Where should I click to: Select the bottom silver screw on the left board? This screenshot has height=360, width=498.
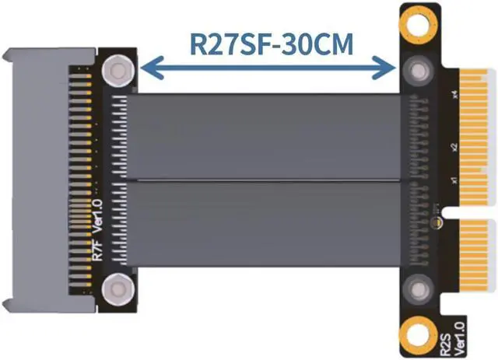tap(117, 289)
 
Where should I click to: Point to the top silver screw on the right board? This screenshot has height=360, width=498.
tap(419, 72)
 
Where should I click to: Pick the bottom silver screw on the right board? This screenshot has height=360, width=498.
tap(419, 290)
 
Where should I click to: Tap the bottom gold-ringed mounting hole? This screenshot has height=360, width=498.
tap(419, 337)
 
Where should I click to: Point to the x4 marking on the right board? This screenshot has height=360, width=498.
tap(454, 96)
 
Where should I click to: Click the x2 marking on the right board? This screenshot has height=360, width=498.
tap(454, 146)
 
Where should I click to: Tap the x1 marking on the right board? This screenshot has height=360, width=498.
tap(454, 181)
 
